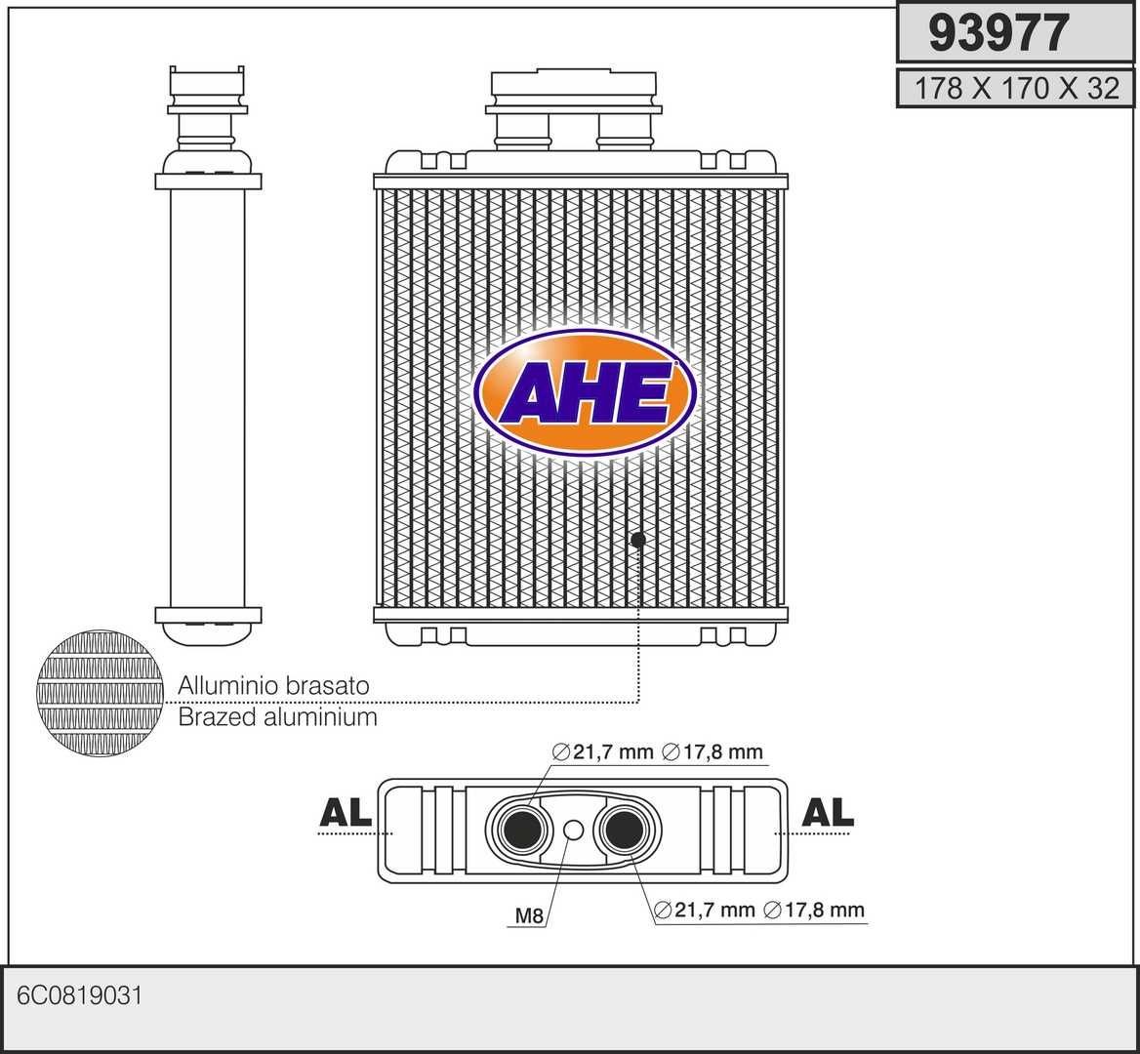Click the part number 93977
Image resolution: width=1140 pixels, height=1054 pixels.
[x=998, y=33]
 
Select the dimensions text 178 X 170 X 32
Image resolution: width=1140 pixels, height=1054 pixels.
[x=1016, y=89]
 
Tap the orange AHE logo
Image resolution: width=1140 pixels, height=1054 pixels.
[x=586, y=392]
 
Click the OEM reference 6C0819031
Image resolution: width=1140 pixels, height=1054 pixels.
[x=79, y=995]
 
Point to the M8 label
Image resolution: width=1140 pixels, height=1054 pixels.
[x=529, y=915]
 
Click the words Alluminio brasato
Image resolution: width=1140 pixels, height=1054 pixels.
[x=273, y=685]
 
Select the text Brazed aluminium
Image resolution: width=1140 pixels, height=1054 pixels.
[x=278, y=717]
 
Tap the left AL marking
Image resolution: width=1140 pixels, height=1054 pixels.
[x=346, y=812]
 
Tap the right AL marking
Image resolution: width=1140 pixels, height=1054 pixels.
[x=828, y=812]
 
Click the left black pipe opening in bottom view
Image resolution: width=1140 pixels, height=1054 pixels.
[x=523, y=831]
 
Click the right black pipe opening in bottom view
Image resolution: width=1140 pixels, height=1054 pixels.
[x=624, y=831]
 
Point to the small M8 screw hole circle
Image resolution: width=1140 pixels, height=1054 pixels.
[x=574, y=830]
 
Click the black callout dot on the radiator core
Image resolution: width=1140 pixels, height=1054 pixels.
[x=638, y=540]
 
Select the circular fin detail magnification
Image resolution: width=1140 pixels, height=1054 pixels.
[x=101, y=693]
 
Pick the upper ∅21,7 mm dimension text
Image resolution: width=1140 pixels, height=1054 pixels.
[x=603, y=751]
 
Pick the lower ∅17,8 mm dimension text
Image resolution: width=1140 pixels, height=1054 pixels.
[x=814, y=911]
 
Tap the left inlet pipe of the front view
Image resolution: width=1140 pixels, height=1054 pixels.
[x=521, y=132]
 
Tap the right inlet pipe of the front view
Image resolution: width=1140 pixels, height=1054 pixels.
[x=625, y=132]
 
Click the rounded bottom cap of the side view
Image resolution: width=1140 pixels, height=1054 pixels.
[x=208, y=633]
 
